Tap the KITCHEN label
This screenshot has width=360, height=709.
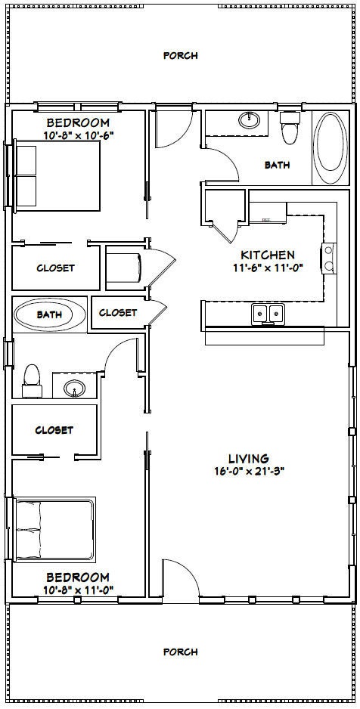pos(267,255)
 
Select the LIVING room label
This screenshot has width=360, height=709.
pos(249,458)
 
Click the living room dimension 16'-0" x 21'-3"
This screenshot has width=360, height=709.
pos(249,471)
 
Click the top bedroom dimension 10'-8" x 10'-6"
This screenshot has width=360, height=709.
pos(78,135)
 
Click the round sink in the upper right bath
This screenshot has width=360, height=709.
pos(249,120)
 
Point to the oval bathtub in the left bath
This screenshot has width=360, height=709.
pos(50,314)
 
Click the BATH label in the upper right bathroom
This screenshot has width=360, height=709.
pos(277,165)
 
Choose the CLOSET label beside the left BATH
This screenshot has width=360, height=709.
pos(118,312)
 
